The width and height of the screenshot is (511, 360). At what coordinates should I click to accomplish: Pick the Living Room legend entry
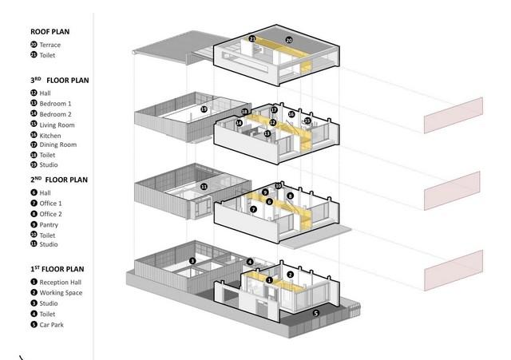(56, 125)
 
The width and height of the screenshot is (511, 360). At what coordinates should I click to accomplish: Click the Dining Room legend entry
(57, 144)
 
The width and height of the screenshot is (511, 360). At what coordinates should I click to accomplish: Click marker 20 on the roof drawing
(289, 39)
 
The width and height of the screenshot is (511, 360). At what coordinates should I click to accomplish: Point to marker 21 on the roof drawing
(252, 38)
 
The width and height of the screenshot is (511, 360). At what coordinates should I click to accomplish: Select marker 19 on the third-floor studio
(204, 109)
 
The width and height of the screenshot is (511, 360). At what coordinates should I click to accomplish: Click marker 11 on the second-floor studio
(204, 186)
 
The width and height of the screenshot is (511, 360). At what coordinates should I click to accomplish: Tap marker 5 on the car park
(315, 313)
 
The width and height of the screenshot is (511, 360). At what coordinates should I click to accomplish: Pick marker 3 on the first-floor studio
(192, 260)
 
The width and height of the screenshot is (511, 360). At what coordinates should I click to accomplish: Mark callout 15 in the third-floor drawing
(307, 121)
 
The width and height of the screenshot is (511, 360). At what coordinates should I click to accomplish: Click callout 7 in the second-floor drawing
(253, 209)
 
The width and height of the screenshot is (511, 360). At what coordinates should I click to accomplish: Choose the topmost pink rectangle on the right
(454, 114)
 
